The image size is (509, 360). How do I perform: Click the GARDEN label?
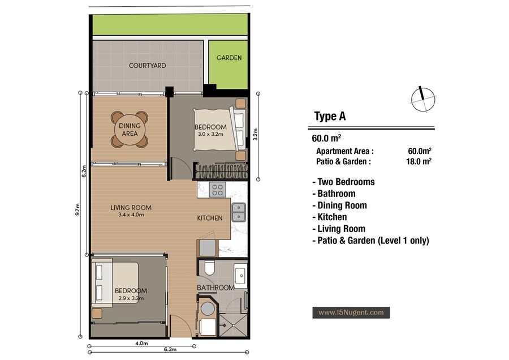click(229, 58)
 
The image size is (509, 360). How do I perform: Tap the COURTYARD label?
click(148, 66)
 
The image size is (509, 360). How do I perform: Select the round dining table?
click(130, 129)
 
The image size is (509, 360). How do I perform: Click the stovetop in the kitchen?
click(217, 190)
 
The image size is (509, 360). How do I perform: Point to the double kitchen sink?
click(239, 212)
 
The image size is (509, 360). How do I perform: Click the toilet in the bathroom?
click(209, 267)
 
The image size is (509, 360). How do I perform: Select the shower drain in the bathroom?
click(223, 325)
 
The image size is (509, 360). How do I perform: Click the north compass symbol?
click(423, 100)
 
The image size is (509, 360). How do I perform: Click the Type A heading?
click(330, 116)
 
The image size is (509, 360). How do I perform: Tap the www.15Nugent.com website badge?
click(351, 312)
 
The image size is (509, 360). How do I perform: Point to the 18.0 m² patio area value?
click(419, 161)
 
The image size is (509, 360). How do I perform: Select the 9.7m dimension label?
click(77, 209)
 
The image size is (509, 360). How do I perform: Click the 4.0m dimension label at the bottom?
click(141, 343)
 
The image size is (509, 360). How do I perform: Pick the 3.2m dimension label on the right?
click(256, 135)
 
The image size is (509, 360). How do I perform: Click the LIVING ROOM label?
click(131, 208)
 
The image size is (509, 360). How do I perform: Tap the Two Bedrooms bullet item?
click(343, 182)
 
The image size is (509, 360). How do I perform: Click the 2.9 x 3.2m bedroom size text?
click(131, 298)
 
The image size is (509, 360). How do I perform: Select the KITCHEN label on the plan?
click(210, 218)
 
